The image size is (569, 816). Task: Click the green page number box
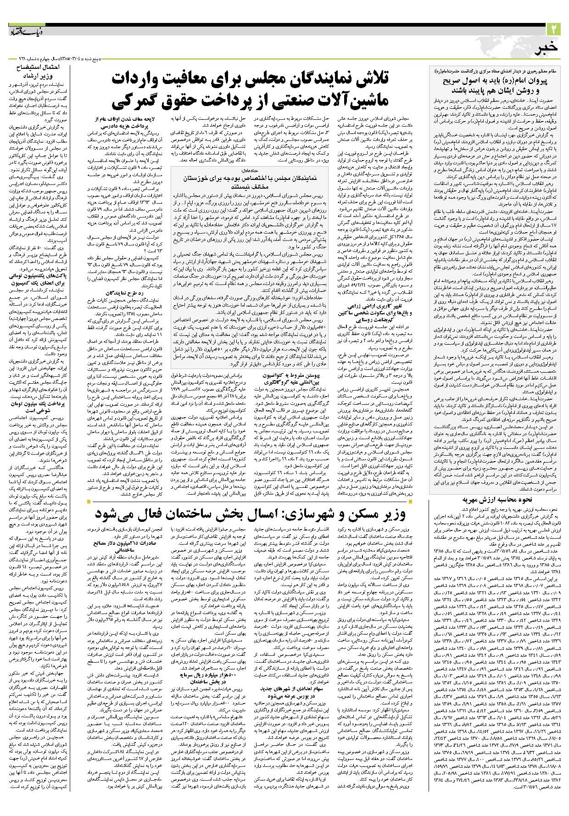tap(553, 29)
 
